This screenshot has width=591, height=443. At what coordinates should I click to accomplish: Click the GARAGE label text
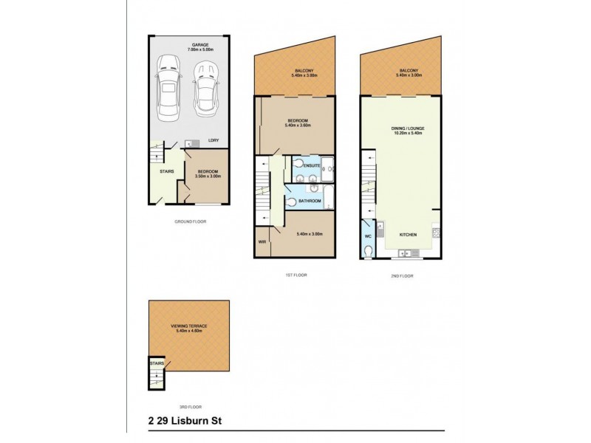(200, 45)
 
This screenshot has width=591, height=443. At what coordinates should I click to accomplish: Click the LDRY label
(213, 140)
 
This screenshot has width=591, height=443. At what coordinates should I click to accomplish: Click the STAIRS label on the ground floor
(166, 172)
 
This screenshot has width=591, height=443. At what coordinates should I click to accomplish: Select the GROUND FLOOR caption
(189, 221)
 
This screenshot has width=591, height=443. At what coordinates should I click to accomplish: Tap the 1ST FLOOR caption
(295, 275)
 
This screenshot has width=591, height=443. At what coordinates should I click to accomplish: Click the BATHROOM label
(310, 201)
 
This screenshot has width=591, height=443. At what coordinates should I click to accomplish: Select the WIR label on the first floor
(262, 241)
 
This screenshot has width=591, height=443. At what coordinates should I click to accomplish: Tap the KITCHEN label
(409, 234)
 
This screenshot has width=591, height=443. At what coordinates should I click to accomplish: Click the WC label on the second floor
(368, 236)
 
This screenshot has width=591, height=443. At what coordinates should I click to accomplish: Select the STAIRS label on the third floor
(156, 364)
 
